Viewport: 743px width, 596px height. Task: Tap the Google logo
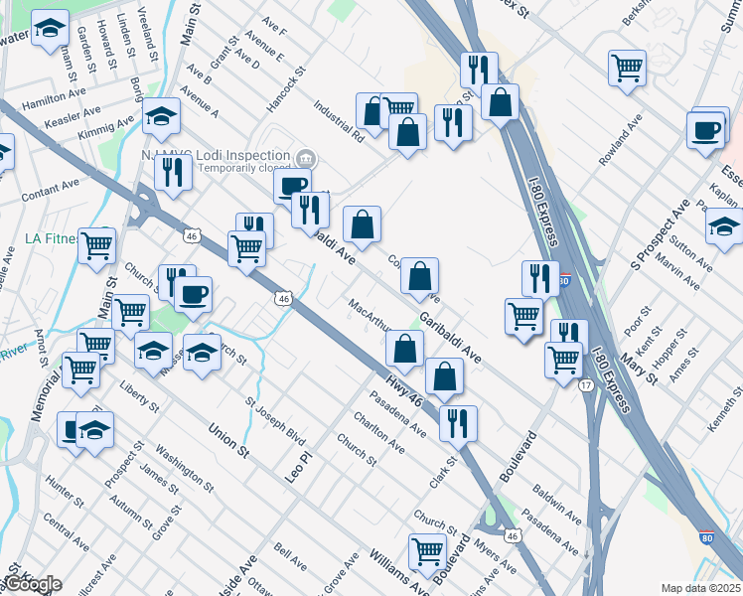pos(32,584)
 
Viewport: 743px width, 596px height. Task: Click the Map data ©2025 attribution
pos(701,587)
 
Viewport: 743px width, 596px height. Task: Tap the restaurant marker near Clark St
pos(458,421)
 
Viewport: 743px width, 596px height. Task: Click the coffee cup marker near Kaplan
pos(707,130)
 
